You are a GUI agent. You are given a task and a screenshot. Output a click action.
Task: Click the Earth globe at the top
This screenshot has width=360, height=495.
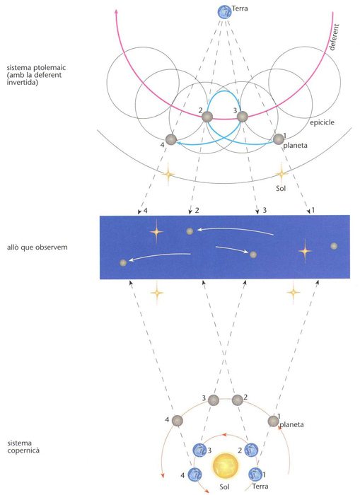(224, 12)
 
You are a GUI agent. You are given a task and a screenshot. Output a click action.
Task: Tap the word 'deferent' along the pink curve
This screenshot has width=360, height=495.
(334, 37)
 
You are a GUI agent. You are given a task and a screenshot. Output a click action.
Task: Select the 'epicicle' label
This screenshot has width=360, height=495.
(322, 122)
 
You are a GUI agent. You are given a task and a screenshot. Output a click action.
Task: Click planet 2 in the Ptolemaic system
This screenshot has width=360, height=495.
(207, 117)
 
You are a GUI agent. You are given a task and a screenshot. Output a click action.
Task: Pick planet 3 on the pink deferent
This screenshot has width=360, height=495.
(242, 117)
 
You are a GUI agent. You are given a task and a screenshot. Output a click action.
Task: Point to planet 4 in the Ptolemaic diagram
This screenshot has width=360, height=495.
(171, 139)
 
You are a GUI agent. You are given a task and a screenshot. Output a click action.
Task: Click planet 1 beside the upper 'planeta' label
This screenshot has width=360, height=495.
(279, 139)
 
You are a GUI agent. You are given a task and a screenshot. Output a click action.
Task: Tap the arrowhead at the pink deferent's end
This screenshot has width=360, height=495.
(116, 11)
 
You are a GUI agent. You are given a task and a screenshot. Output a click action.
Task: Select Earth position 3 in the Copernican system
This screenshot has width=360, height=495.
(199, 450)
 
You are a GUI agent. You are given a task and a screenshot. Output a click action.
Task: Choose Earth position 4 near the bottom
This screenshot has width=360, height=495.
(194, 474)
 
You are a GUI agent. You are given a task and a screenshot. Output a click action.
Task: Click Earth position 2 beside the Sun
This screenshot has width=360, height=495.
(251, 450)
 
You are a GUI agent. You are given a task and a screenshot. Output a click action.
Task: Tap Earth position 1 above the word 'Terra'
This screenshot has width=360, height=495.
(255, 474)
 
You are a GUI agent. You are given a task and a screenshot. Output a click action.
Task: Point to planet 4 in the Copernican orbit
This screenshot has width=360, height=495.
(177, 421)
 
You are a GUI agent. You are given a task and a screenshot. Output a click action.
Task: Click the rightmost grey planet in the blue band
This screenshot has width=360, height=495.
(334, 246)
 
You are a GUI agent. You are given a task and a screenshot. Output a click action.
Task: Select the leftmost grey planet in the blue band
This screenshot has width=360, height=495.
(124, 262)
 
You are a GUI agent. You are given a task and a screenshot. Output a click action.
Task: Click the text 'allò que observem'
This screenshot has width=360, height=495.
(37, 248)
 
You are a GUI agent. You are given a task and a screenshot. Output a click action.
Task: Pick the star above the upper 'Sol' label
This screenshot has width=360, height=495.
(281, 173)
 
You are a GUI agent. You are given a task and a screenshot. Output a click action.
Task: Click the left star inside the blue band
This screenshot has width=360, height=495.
(156, 232)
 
